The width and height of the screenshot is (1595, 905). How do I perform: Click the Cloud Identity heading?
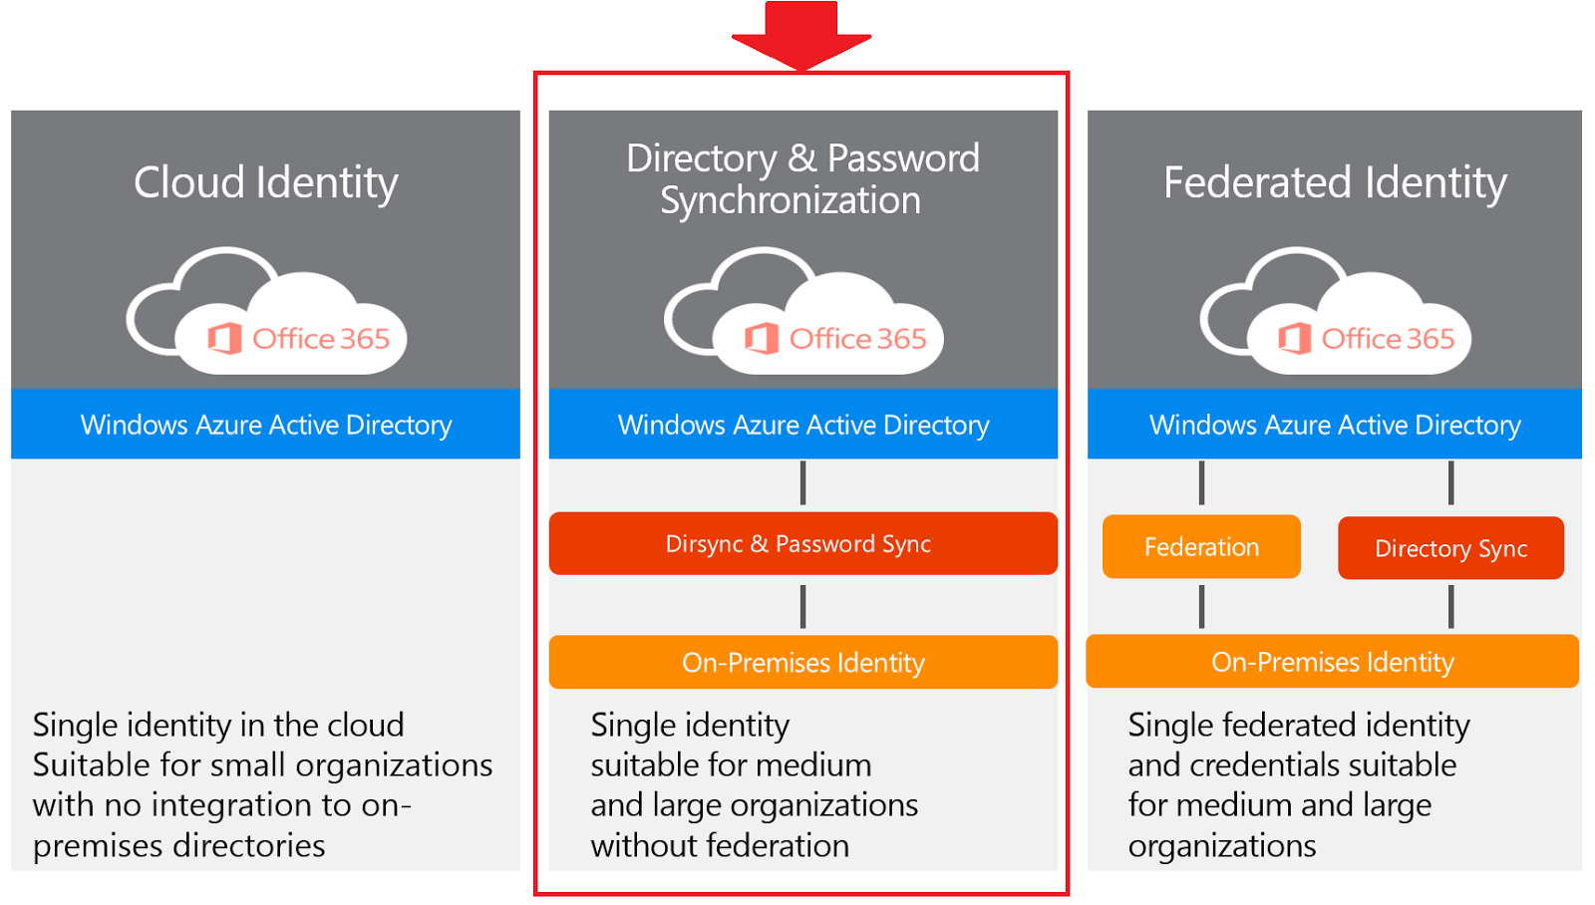click(x=266, y=182)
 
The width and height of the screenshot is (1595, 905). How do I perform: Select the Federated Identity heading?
click(x=1335, y=182)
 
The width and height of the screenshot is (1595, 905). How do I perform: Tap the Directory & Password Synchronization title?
click(x=802, y=179)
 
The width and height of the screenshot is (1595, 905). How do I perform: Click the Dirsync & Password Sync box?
click(x=802, y=543)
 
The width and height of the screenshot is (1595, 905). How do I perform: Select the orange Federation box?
click(x=1201, y=546)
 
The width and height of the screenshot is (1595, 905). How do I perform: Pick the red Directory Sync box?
click(x=1450, y=548)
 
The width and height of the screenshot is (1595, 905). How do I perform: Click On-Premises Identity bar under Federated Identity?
click(x=1332, y=662)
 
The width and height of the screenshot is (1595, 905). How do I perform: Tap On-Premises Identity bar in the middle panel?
click(x=802, y=662)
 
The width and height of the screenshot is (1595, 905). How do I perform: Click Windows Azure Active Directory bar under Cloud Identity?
click(x=266, y=425)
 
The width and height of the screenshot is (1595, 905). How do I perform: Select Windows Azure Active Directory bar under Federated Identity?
click(x=1335, y=425)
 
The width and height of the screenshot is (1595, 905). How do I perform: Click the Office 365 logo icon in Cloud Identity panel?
click(x=224, y=339)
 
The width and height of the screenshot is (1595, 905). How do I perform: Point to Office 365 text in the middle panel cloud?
click(x=857, y=339)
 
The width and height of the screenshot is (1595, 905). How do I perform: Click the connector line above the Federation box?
click(x=1201, y=483)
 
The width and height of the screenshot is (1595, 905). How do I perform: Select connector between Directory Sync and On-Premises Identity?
click(x=1450, y=606)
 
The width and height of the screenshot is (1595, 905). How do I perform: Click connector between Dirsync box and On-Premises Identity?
click(x=802, y=606)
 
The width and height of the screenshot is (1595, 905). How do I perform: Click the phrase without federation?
click(x=720, y=845)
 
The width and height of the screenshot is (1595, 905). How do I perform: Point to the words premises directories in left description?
click(x=179, y=845)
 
